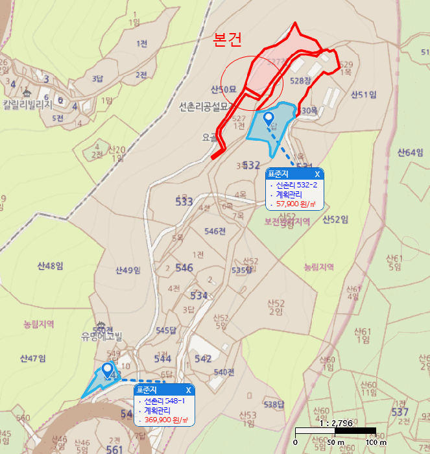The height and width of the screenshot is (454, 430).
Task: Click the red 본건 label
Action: [228, 40]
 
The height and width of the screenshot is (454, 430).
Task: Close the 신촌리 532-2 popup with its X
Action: [317, 174]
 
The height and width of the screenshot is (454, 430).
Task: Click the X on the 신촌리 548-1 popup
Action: [189, 390]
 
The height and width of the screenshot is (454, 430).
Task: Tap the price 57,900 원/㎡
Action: [296, 204]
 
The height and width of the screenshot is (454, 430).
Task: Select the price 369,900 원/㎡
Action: [166, 420]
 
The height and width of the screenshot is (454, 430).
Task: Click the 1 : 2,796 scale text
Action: [337, 422]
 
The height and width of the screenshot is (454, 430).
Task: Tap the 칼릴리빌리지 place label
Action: [26, 104]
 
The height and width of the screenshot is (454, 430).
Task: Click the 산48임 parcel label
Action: [50, 265]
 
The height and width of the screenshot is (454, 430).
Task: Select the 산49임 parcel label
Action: [128, 270]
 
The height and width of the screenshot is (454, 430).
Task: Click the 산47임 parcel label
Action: [32, 358]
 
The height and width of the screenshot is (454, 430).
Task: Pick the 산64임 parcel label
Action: [410, 152]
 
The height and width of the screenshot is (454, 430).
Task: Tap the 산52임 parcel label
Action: [335, 219]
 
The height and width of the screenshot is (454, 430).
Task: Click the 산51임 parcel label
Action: [363, 95]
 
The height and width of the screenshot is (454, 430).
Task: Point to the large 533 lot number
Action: [184, 202]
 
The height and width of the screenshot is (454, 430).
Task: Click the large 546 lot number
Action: [184, 268]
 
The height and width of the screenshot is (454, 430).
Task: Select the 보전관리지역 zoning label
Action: [287, 221]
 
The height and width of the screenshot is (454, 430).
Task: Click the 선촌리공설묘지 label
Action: [206, 106]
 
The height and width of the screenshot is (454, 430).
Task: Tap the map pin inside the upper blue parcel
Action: [269, 117]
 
